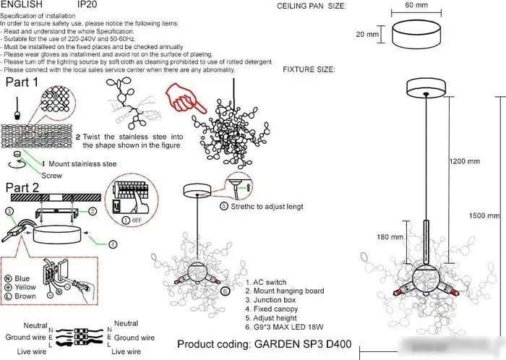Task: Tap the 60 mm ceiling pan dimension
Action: pos(417,5)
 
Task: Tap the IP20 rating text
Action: pos(87,4)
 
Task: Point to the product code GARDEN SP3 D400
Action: pos(265,345)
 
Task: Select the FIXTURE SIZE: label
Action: pos(309,70)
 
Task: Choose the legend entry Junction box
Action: pos(275,300)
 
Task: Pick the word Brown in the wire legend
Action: pos(25,296)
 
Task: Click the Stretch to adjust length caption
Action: pos(265,206)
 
